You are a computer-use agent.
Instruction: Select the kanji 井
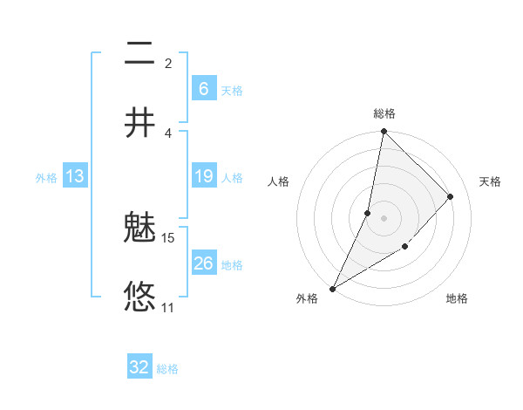[139, 122]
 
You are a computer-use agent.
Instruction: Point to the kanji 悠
[139, 297]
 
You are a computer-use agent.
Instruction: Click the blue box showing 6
[203, 88]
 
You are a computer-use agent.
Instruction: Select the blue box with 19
[203, 176]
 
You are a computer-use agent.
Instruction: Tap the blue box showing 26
[203, 263]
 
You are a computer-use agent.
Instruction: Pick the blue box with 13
[75, 176]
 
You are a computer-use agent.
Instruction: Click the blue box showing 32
[139, 367]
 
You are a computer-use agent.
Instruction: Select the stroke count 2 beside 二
[168, 64]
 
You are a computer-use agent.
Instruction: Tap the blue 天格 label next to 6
[232, 90]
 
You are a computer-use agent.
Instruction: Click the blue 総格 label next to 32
[168, 369]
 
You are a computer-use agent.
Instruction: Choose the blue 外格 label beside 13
[46, 178]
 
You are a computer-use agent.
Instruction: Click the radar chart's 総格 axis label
[384, 113]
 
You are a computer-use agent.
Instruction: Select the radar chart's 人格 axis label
[278, 181]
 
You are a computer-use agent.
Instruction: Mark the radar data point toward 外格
[332, 289]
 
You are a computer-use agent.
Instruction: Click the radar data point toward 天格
[451, 196]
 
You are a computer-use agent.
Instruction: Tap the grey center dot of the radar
[384, 218]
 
